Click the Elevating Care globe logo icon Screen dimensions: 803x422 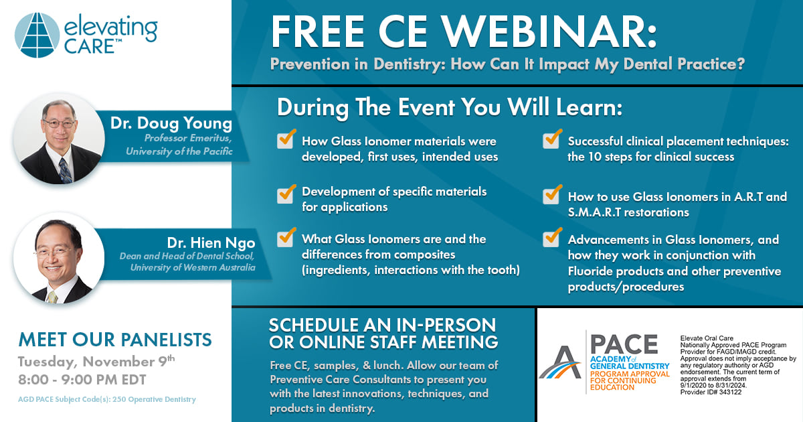[x=37, y=35]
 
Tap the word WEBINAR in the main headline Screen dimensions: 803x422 [x=549, y=31]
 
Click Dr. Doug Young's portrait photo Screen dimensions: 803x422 [x=59, y=139]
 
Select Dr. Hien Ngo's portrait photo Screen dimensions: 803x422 [x=59, y=259]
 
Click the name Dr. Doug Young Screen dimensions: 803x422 [x=171, y=123]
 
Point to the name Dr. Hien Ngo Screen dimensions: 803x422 [x=211, y=243]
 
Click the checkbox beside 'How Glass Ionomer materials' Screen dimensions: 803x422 [x=286, y=139]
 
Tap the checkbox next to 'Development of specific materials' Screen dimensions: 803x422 [x=286, y=194]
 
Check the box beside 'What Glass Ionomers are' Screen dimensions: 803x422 [x=286, y=238]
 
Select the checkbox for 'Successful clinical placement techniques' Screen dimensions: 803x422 [x=552, y=139]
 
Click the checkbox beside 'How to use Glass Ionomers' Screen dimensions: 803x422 [x=552, y=194]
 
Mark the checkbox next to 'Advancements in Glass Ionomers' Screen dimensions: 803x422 [x=552, y=238]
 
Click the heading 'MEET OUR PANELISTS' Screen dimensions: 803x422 [x=115, y=340]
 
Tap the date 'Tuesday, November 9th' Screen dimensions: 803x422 [x=96, y=361]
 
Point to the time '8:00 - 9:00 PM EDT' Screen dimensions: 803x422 [x=82, y=380]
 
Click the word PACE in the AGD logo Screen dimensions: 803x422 [x=624, y=344]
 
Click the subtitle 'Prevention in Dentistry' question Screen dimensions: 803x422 [x=507, y=64]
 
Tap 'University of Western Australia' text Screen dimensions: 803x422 [x=193, y=268]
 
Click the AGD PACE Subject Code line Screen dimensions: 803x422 [x=107, y=399]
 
